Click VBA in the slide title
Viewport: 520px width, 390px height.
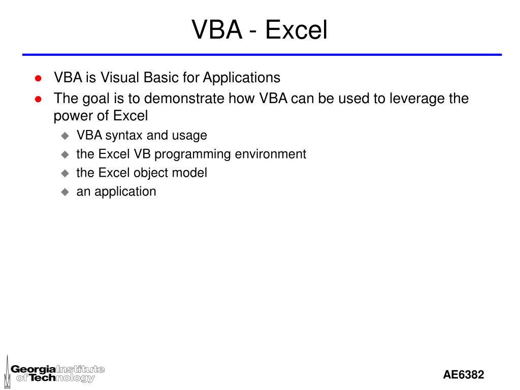217,30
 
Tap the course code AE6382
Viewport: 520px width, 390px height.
463,375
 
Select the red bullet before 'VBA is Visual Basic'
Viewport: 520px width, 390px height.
38,78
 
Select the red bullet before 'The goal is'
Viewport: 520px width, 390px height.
38,99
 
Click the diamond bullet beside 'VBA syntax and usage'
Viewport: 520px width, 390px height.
64,136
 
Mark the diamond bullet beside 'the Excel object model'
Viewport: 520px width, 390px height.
64,173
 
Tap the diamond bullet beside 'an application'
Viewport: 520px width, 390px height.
64,192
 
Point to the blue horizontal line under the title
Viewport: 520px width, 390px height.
262,54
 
